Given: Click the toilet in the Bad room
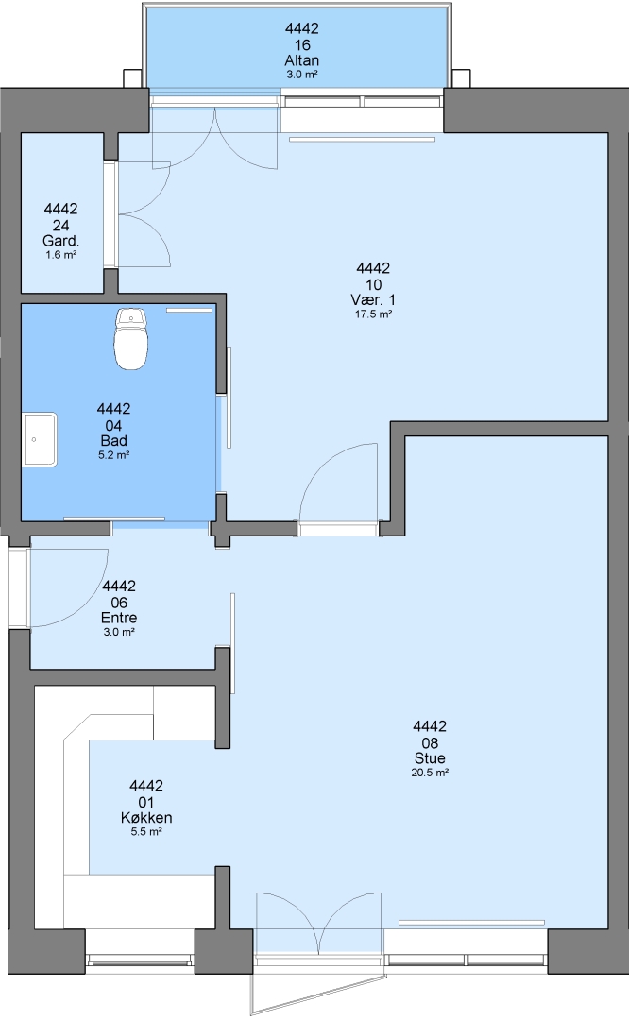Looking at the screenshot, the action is click(131, 339).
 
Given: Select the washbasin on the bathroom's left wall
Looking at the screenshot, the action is click(41, 439).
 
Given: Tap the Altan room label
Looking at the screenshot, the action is click(302, 60).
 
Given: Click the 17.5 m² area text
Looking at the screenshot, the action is click(373, 314).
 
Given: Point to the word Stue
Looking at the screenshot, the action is click(430, 757).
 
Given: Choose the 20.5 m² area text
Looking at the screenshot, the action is click(430, 773).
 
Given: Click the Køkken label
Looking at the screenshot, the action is click(146, 818).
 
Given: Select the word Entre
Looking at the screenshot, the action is click(119, 618).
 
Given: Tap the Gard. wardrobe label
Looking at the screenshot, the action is click(61, 241).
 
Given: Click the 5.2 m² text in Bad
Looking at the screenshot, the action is click(114, 455).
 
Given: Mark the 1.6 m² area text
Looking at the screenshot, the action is click(61, 255).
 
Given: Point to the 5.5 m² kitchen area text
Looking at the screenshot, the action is click(146, 832).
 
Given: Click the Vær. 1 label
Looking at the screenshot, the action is click(373, 300).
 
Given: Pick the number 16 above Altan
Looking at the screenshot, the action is click(302, 45).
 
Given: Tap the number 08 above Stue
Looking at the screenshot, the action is click(430, 743).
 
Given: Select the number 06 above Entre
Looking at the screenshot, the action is click(119, 603).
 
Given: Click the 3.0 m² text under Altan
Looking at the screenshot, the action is click(302, 75).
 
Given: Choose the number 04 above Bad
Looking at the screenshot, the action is click(114, 425).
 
